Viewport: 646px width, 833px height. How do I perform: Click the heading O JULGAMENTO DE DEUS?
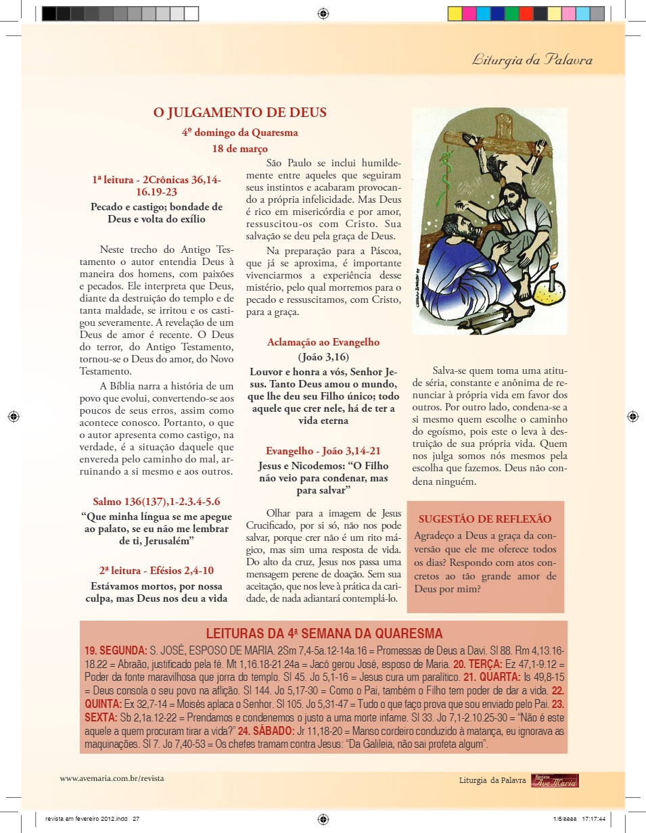point(240,113)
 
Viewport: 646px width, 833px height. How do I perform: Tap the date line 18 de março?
point(239,148)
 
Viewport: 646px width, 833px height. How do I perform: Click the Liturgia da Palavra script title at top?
point(532,60)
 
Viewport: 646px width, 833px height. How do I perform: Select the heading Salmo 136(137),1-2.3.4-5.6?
point(156,502)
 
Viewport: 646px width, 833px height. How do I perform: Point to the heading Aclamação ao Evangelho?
point(323,342)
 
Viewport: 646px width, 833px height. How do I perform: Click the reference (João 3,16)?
point(323,357)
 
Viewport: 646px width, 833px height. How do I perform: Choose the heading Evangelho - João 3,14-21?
point(323,451)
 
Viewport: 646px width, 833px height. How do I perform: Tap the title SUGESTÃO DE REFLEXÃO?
point(485,519)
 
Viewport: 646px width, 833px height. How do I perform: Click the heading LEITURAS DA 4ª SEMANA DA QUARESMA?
point(324,634)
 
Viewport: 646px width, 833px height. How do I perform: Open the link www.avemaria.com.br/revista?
point(112,778)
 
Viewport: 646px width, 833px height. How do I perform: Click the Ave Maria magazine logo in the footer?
point(555,780)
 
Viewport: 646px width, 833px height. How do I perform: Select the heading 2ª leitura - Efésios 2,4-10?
point(156,569)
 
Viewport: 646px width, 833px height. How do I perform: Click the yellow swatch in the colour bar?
point(455,14)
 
